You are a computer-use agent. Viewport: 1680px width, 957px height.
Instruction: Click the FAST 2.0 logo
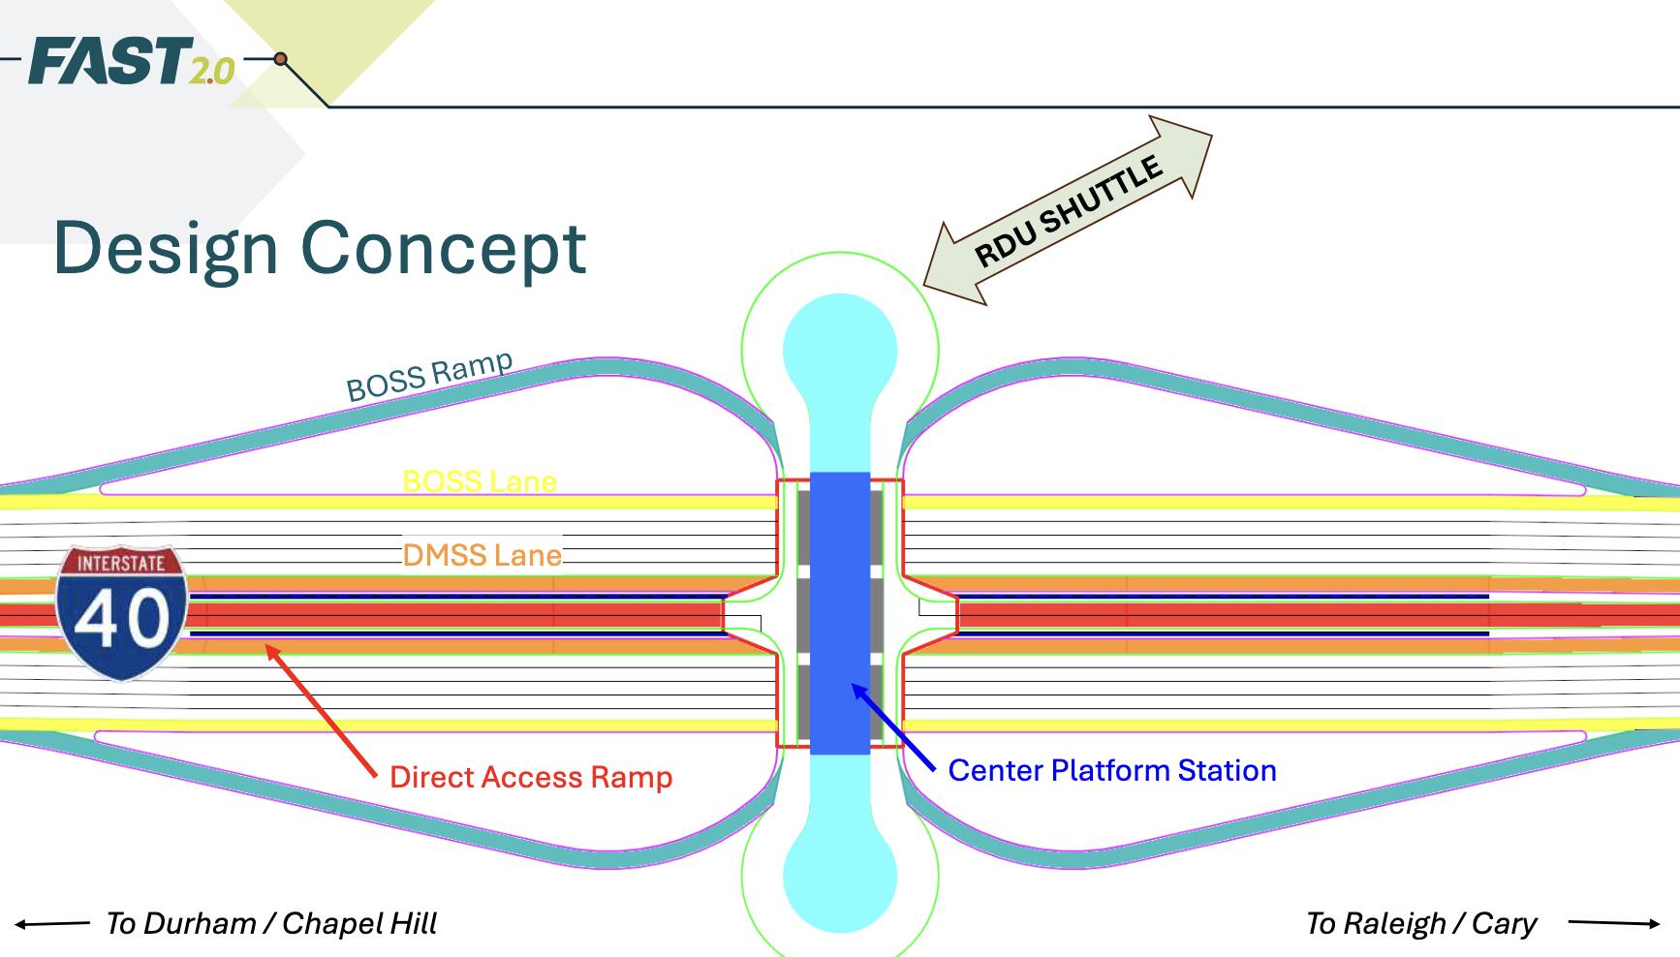click(x=131, y=61)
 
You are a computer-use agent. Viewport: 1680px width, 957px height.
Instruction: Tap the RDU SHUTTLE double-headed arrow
click(x=1068, y=210)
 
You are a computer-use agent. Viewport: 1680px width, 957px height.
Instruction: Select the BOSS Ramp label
click(x=429, y=376)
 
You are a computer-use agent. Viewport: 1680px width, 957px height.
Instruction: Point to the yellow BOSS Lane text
click(x=480, y=481)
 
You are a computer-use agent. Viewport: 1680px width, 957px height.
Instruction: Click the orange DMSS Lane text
click(x=482, y=555)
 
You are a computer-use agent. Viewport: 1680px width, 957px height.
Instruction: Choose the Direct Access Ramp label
click(x=531, y=777)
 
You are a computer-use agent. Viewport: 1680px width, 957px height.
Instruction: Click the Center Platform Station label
click(x=1111, y=770)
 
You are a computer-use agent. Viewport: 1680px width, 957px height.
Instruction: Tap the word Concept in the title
click(x=444, y=248)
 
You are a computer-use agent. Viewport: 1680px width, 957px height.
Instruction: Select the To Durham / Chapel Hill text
click(x=271, y=923)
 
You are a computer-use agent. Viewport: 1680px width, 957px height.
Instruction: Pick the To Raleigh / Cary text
click(x=1420, y=923)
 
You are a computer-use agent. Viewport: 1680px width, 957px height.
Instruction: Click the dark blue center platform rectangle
click(x=840, y=612)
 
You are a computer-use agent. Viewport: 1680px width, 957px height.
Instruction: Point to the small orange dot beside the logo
click(x=280, y=59)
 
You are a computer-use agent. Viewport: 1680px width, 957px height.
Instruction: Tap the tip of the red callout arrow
click(x=268, y=649)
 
